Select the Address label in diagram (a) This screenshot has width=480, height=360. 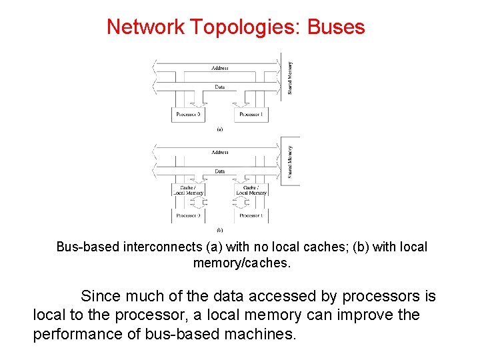(219, 68)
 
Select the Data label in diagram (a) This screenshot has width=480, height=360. (219, 87)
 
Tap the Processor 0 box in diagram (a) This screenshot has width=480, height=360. (189, 115)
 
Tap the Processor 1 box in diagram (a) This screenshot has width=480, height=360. (251, 115)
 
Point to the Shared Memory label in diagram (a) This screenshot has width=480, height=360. (290, 78)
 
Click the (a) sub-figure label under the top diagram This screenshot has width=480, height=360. (219, 130)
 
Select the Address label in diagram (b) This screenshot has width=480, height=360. (219, 152)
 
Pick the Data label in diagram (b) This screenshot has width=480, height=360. (219, 171)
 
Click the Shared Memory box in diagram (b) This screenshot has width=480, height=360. (291, 161)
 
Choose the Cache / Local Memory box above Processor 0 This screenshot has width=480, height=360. (189, 190)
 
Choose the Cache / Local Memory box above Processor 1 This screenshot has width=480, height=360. (251, 190)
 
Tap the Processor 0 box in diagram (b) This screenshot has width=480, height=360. (189, 215)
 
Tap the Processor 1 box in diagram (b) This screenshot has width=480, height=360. (251, 215)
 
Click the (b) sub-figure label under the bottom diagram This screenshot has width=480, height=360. (219, 230)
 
